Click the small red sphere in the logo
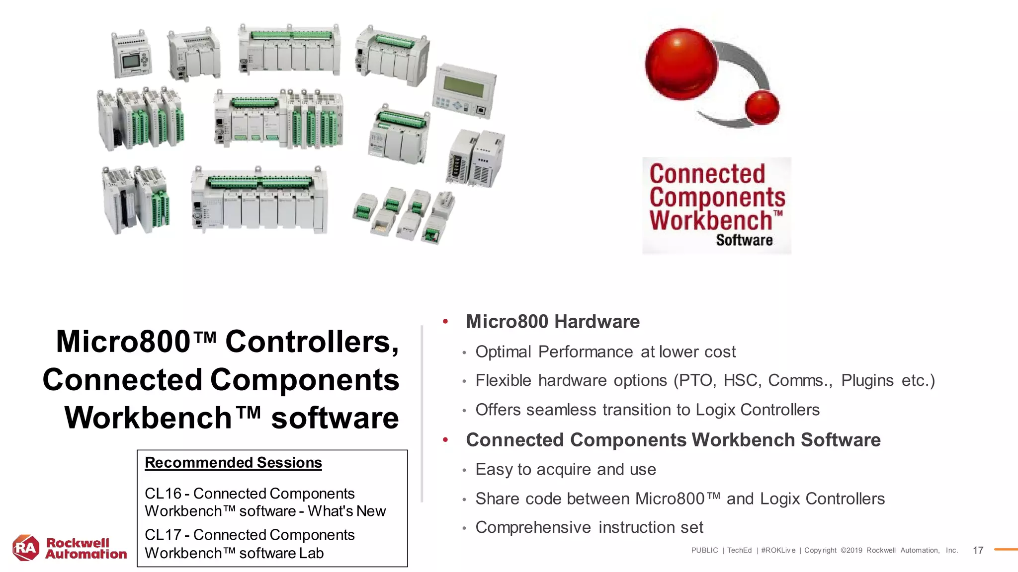(x=762, y=107)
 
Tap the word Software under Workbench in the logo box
(x=744, y=240)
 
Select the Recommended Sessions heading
(x=233, y=463)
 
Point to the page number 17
(x=978, y=550)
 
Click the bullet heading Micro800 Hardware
(x=553, y=322)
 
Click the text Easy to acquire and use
(x=566, y=470)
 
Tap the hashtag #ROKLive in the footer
(x=778, y=550)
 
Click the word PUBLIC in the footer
(x=704, y=550)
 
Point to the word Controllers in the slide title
(x=312, y=342)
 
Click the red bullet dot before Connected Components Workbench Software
(x=445, y=440)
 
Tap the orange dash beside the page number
(x=1006, y=550)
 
